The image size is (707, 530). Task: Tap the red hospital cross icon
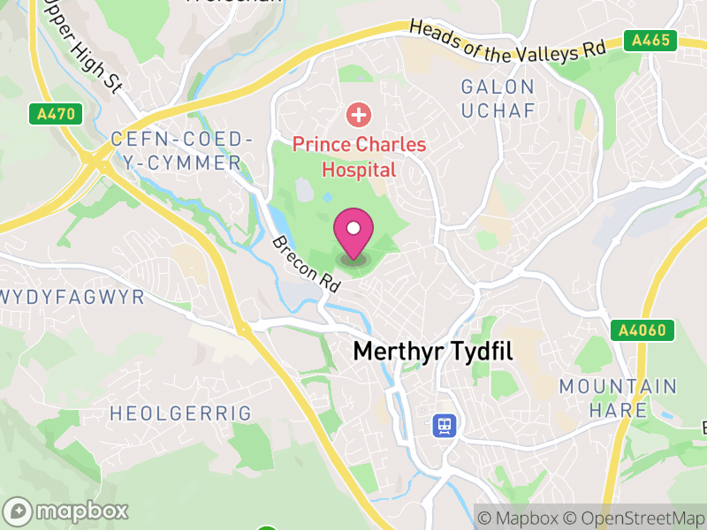click(358, 114)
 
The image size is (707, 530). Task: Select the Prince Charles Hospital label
click(359, 155)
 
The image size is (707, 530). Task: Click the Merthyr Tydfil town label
click(433, 351)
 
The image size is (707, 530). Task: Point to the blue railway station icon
click(444, 427)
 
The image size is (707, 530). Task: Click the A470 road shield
click(56, 114)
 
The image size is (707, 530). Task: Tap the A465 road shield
click(650, 41)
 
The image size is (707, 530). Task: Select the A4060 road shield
click(642, 330)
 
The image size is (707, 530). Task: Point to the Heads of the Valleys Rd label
click(507, 41)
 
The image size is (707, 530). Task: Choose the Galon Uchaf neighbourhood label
click(498, 98)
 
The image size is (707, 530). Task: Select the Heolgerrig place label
click(180, 413)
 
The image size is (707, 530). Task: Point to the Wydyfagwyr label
click(71, 297)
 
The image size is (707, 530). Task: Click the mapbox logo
click(67, 511)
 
